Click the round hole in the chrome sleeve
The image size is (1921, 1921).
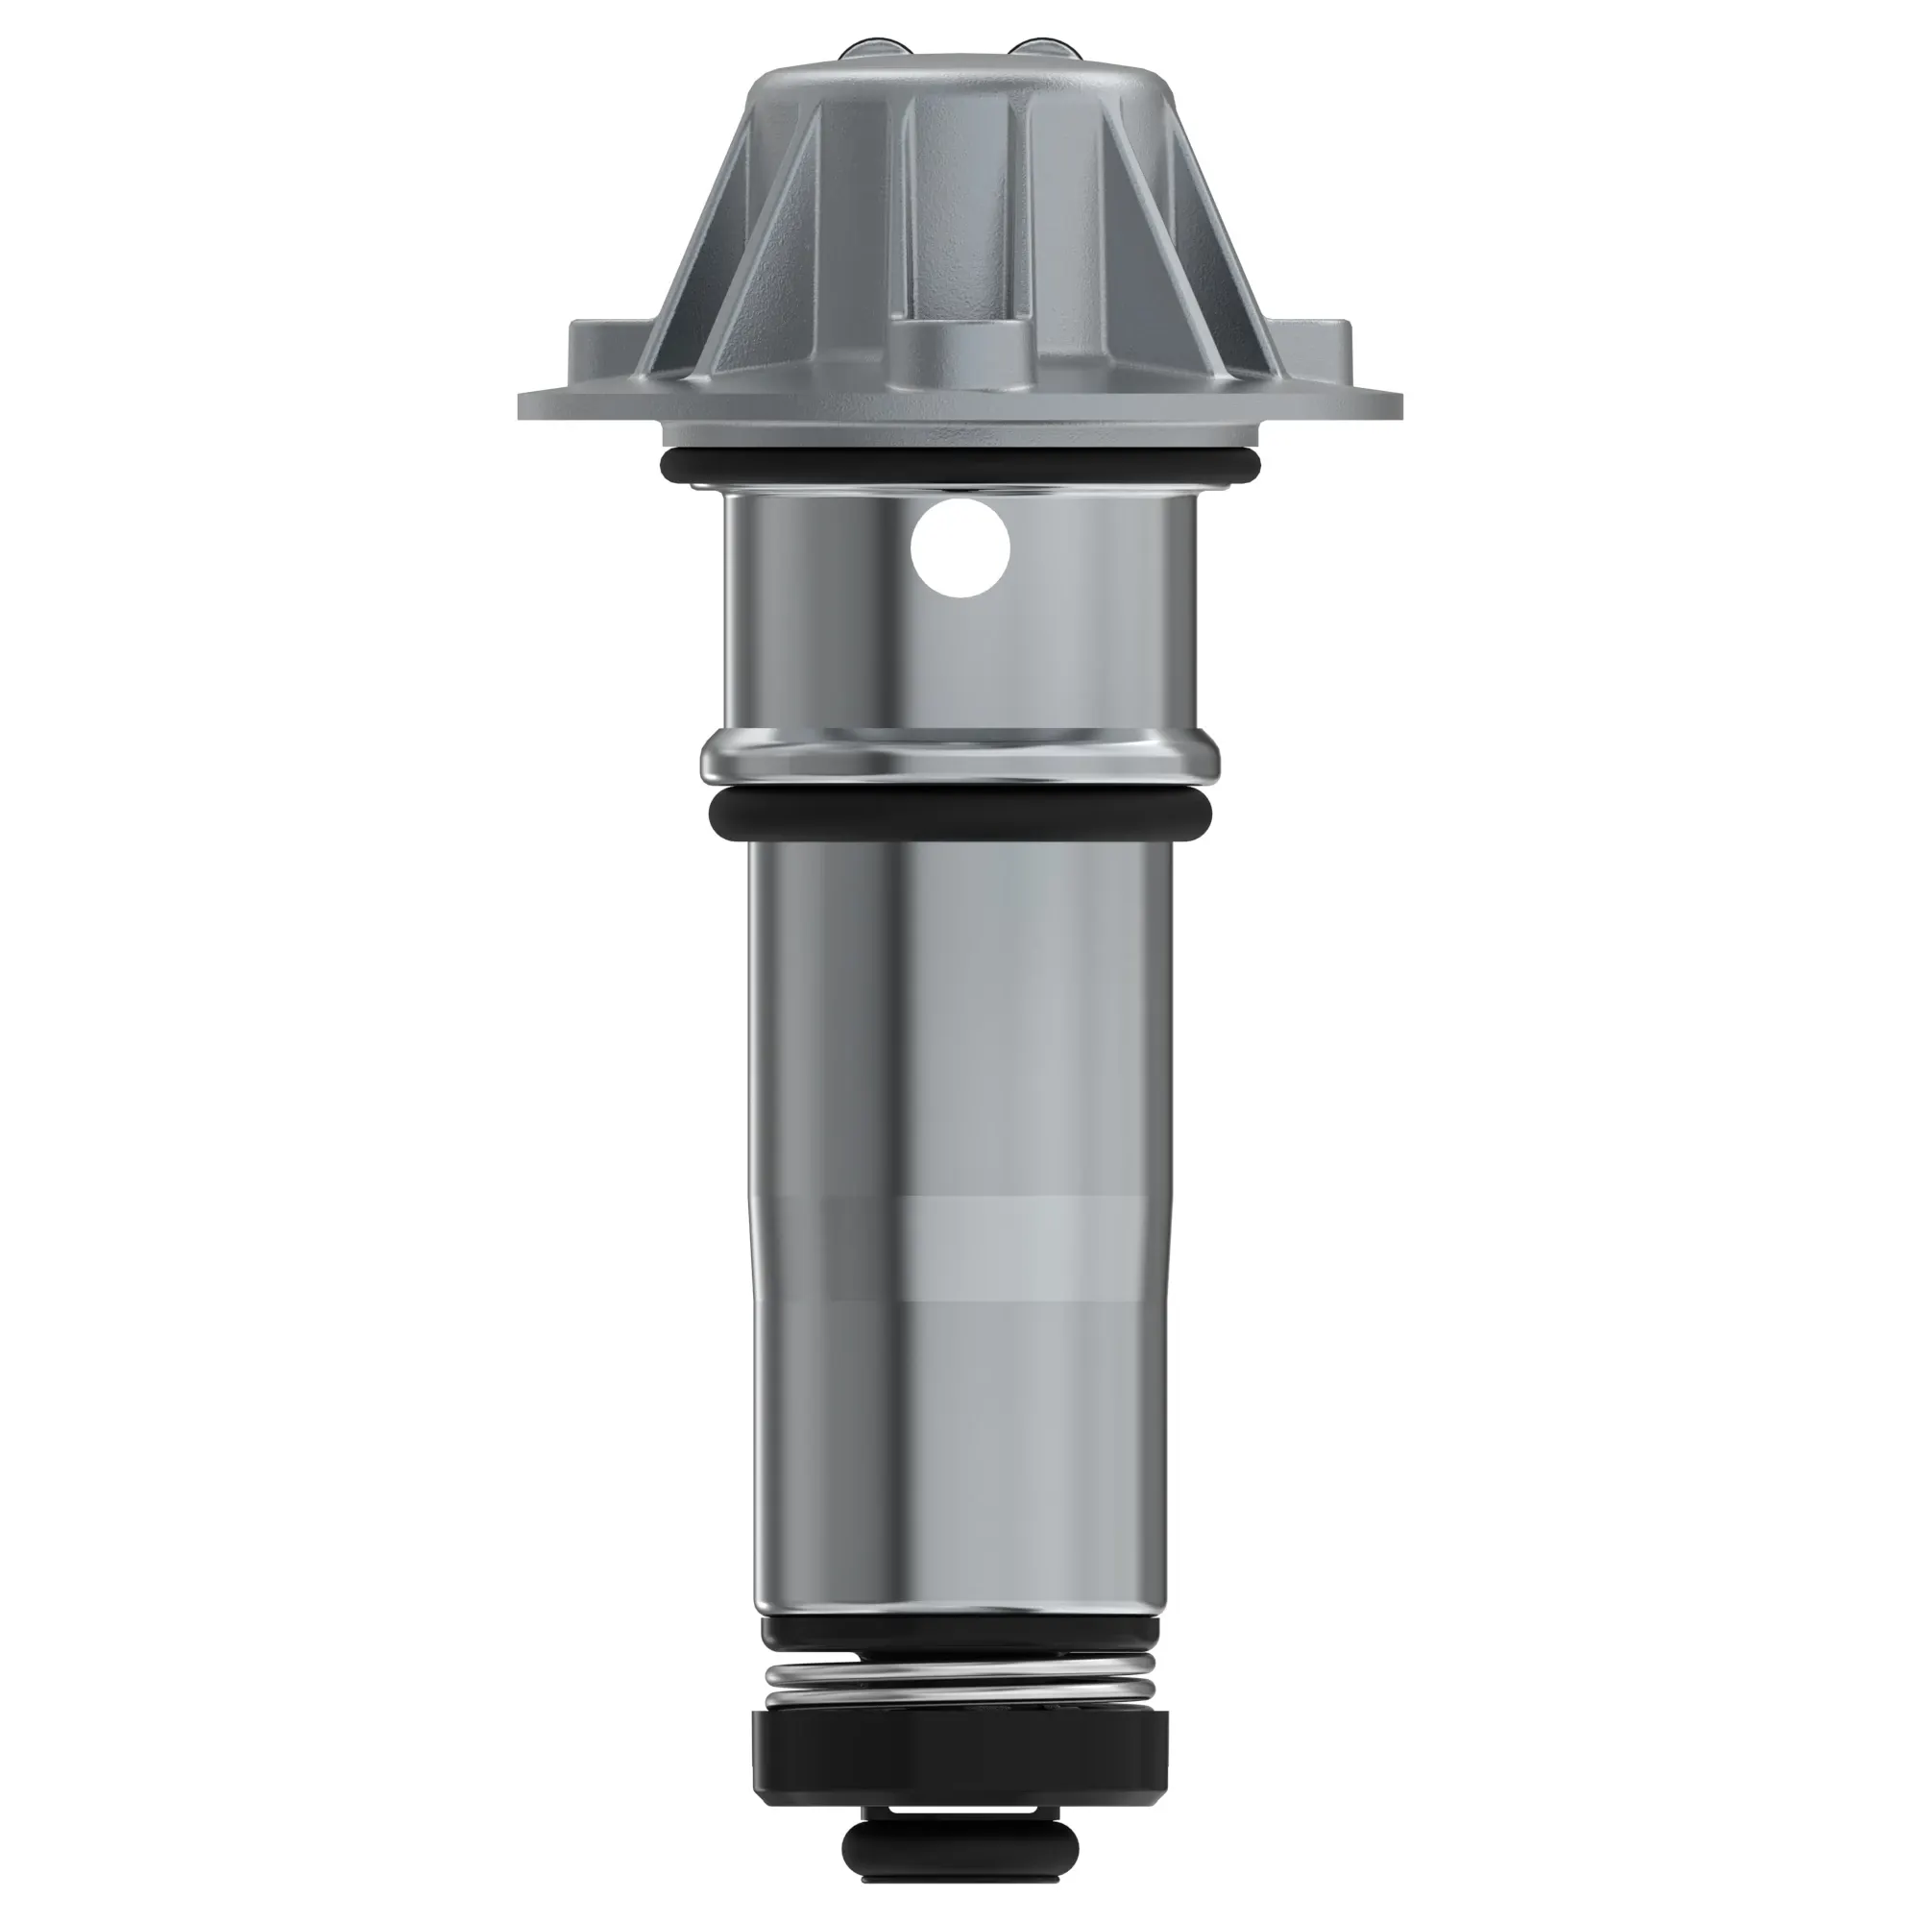pyautogui.click(x=960, y=547)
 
